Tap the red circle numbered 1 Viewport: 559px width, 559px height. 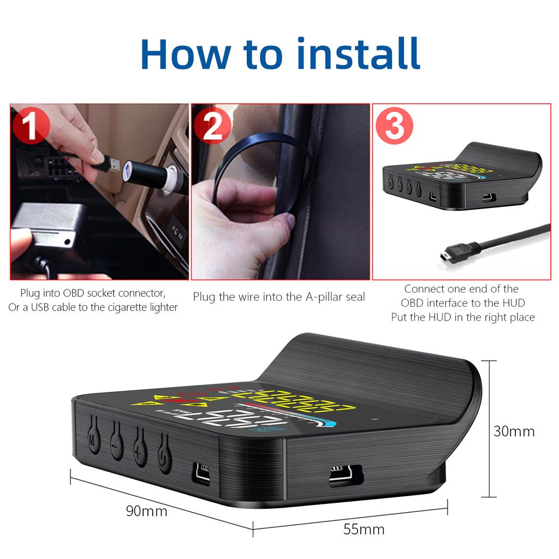(31, 127)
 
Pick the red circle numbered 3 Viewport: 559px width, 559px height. (394, 127)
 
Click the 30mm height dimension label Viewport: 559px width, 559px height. (514, 431)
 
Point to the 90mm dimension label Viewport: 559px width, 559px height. (146, 512)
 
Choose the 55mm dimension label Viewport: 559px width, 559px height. (364, 529)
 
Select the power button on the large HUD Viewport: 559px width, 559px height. (164, 459)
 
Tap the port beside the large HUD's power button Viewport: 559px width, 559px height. (201, 473)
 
